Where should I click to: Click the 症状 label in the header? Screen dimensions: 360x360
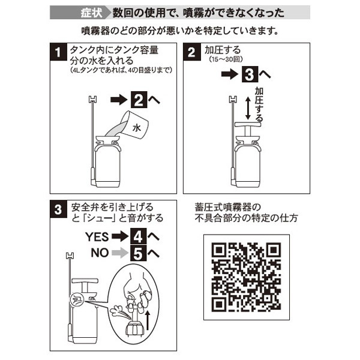[x=91, y=13]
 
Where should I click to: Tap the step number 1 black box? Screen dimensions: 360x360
[x=58, y=52]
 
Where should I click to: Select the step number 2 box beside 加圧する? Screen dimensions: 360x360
[x=192, y=52]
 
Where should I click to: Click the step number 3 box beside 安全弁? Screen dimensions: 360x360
[x=58, y=209]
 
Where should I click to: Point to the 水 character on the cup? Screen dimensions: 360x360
[x=137, y=127]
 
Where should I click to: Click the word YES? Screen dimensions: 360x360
[x=97, y=237]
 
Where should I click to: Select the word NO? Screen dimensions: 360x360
[x=100, y=253]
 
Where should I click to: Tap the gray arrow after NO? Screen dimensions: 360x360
[x=120, y=253]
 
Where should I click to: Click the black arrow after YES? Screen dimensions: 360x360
[x=120, y=236]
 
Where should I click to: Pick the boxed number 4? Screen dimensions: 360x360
[x=138, y=236]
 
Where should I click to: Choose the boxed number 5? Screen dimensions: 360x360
[x=138, y=253]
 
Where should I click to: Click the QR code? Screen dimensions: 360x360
[x=247, y=277]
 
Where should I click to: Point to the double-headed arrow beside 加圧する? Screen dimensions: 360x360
[x=248, y=108]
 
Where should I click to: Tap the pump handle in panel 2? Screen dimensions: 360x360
[x=247, y=124]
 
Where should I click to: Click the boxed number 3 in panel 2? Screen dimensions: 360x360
[x=250, y=74]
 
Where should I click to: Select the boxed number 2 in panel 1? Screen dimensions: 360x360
[x=139, y=100]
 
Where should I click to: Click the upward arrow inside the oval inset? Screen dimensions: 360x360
[x=148, y=320]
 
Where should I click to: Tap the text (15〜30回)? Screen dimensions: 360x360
[x=226, y=59]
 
